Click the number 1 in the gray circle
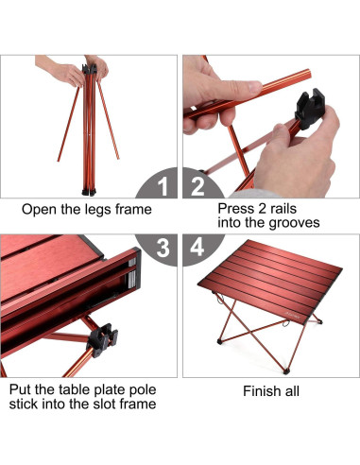click(x=163, y=185)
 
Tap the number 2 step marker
click(x=198, y=185)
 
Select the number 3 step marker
click(x=163, y=249)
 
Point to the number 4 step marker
click(x=198, y=249)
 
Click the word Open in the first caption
click(x=41, y=209)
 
